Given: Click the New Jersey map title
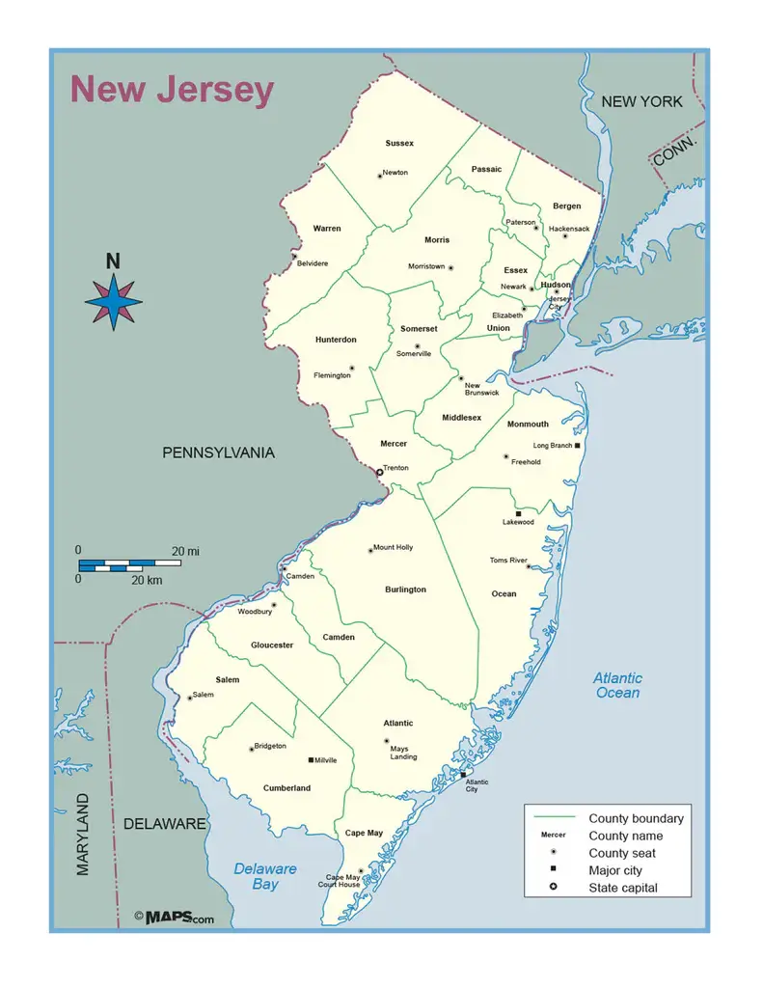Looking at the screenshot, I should coord(172,91).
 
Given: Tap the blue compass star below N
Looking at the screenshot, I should coord(114,301).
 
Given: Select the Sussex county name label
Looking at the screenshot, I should coord(399,144).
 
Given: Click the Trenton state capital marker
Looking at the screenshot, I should coord(379,472).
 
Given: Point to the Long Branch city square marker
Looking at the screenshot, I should coord(577,446).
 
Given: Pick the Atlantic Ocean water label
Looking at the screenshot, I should coord(617,685).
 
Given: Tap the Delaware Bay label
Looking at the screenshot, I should coord(265,876).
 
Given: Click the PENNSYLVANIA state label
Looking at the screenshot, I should coord(218,453).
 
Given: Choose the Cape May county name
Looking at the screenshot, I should coord(364,833).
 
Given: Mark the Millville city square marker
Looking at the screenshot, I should coord(311,760).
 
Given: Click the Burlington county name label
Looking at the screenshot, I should coord(405,590).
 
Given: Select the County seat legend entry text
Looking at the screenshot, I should coord(622,853).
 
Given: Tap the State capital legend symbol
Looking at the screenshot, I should coord(553,888).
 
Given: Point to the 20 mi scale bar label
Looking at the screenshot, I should coord(185,551).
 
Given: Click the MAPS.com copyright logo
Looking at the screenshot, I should coord(175,918).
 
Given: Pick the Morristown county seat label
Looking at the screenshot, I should coord(426,266).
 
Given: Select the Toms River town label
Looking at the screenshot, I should coord(507,561).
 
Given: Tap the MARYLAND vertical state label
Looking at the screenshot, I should coord(83,834).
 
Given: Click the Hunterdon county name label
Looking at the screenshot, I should coord(336,340).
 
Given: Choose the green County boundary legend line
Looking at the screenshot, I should coord(553,818).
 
